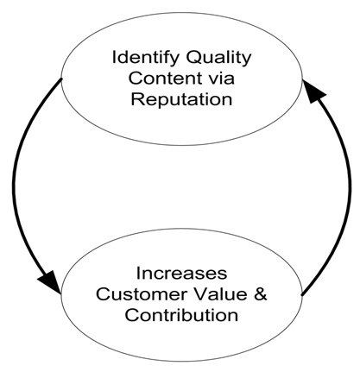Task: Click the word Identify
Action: (145, 59)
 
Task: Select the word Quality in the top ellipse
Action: (218, 59)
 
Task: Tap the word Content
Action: (165, 78)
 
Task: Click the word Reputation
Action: (181, 100)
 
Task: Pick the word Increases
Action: (181, 273)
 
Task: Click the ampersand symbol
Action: (261, 294)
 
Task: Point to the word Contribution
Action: (181, 315)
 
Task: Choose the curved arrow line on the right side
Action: (350, 187)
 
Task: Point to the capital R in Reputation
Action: (137, 98)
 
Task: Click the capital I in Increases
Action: (138, 273)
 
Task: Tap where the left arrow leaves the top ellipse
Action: (61, 79)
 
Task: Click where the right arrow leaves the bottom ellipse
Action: (301, 295)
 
